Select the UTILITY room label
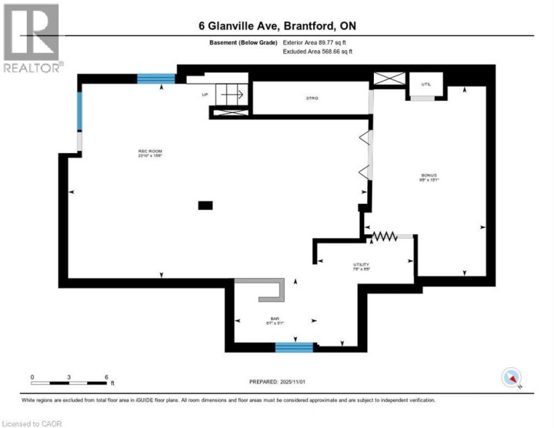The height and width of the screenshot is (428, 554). [361, 264]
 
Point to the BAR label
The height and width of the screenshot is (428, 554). [272, 319]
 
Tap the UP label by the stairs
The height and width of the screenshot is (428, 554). [205, 95]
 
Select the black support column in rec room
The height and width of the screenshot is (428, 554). [205, 205]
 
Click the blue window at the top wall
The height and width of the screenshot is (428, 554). [156, 78]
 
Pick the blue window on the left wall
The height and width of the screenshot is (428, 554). [78, 115]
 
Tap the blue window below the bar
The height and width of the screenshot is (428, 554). [295, 347]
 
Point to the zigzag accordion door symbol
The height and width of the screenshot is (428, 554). [384, 236]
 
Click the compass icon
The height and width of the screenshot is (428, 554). [512, 377]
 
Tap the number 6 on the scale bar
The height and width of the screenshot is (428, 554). [106, 376]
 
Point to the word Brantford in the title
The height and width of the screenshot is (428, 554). [315, 26]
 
